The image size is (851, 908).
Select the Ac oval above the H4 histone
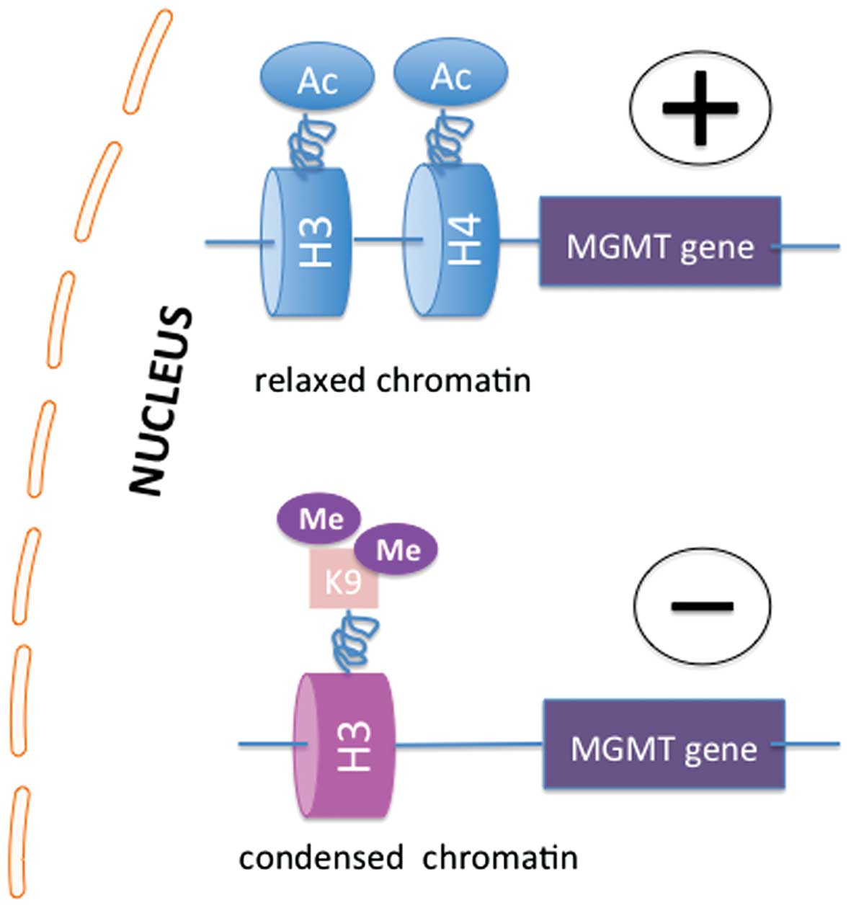[x=451, y=75]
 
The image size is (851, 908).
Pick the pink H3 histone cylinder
[x=346, y=745]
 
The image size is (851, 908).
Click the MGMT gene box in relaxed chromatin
[x=660, y=242]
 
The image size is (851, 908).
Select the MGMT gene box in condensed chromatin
[x=664, y=744]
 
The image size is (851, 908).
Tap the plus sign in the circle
[x=700, y=108]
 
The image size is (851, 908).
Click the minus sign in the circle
[x=702, y=605]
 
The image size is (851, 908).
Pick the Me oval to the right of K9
[x=398, y=550]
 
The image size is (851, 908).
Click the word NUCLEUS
[x=162, y=400]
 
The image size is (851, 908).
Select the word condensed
[x=321, y=858]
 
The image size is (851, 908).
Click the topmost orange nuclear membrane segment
[x=148, y=62]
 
